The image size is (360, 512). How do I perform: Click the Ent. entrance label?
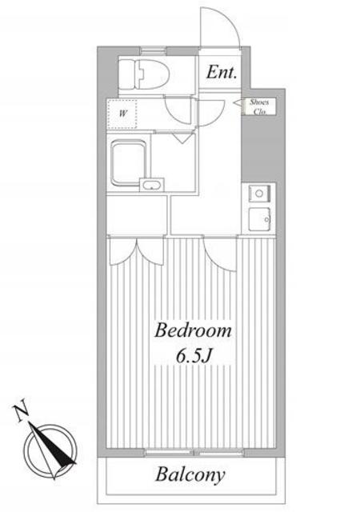(x=221, y=72)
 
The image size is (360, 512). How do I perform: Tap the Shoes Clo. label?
(x=259, y=106)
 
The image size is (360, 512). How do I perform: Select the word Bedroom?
(x=193, y=330)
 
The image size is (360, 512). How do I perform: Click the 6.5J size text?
(x=193, y=357)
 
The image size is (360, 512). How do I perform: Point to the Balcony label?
(x=190, y=474)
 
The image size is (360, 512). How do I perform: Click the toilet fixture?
(x=144, y=74)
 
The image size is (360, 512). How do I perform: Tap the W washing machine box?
(x=122, y=114)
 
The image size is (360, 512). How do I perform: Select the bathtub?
(x=128, y=162)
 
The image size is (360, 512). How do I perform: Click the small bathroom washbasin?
(x=151, y=186)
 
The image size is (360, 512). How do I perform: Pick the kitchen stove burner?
(x=259, y=194)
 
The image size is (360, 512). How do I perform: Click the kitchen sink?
(x=259, y=219)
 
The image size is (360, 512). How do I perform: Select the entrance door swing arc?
(x=221, y=26)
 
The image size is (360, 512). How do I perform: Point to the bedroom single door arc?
(x=219, y=254)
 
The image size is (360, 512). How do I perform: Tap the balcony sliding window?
(x=194, y=452)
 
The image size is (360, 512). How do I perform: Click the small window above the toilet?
(x=154, y=51)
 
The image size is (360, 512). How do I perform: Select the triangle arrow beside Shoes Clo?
(x=237, y=102)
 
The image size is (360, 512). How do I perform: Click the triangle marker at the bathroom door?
(x=181, y=138)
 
